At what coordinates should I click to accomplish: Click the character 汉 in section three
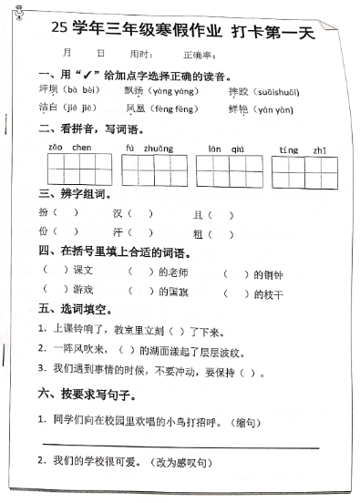pos(118,213)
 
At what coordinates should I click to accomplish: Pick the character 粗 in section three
pos(198,233)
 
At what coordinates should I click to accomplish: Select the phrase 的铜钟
pos(268,273)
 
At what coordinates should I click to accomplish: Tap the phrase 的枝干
pos(268,293)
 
